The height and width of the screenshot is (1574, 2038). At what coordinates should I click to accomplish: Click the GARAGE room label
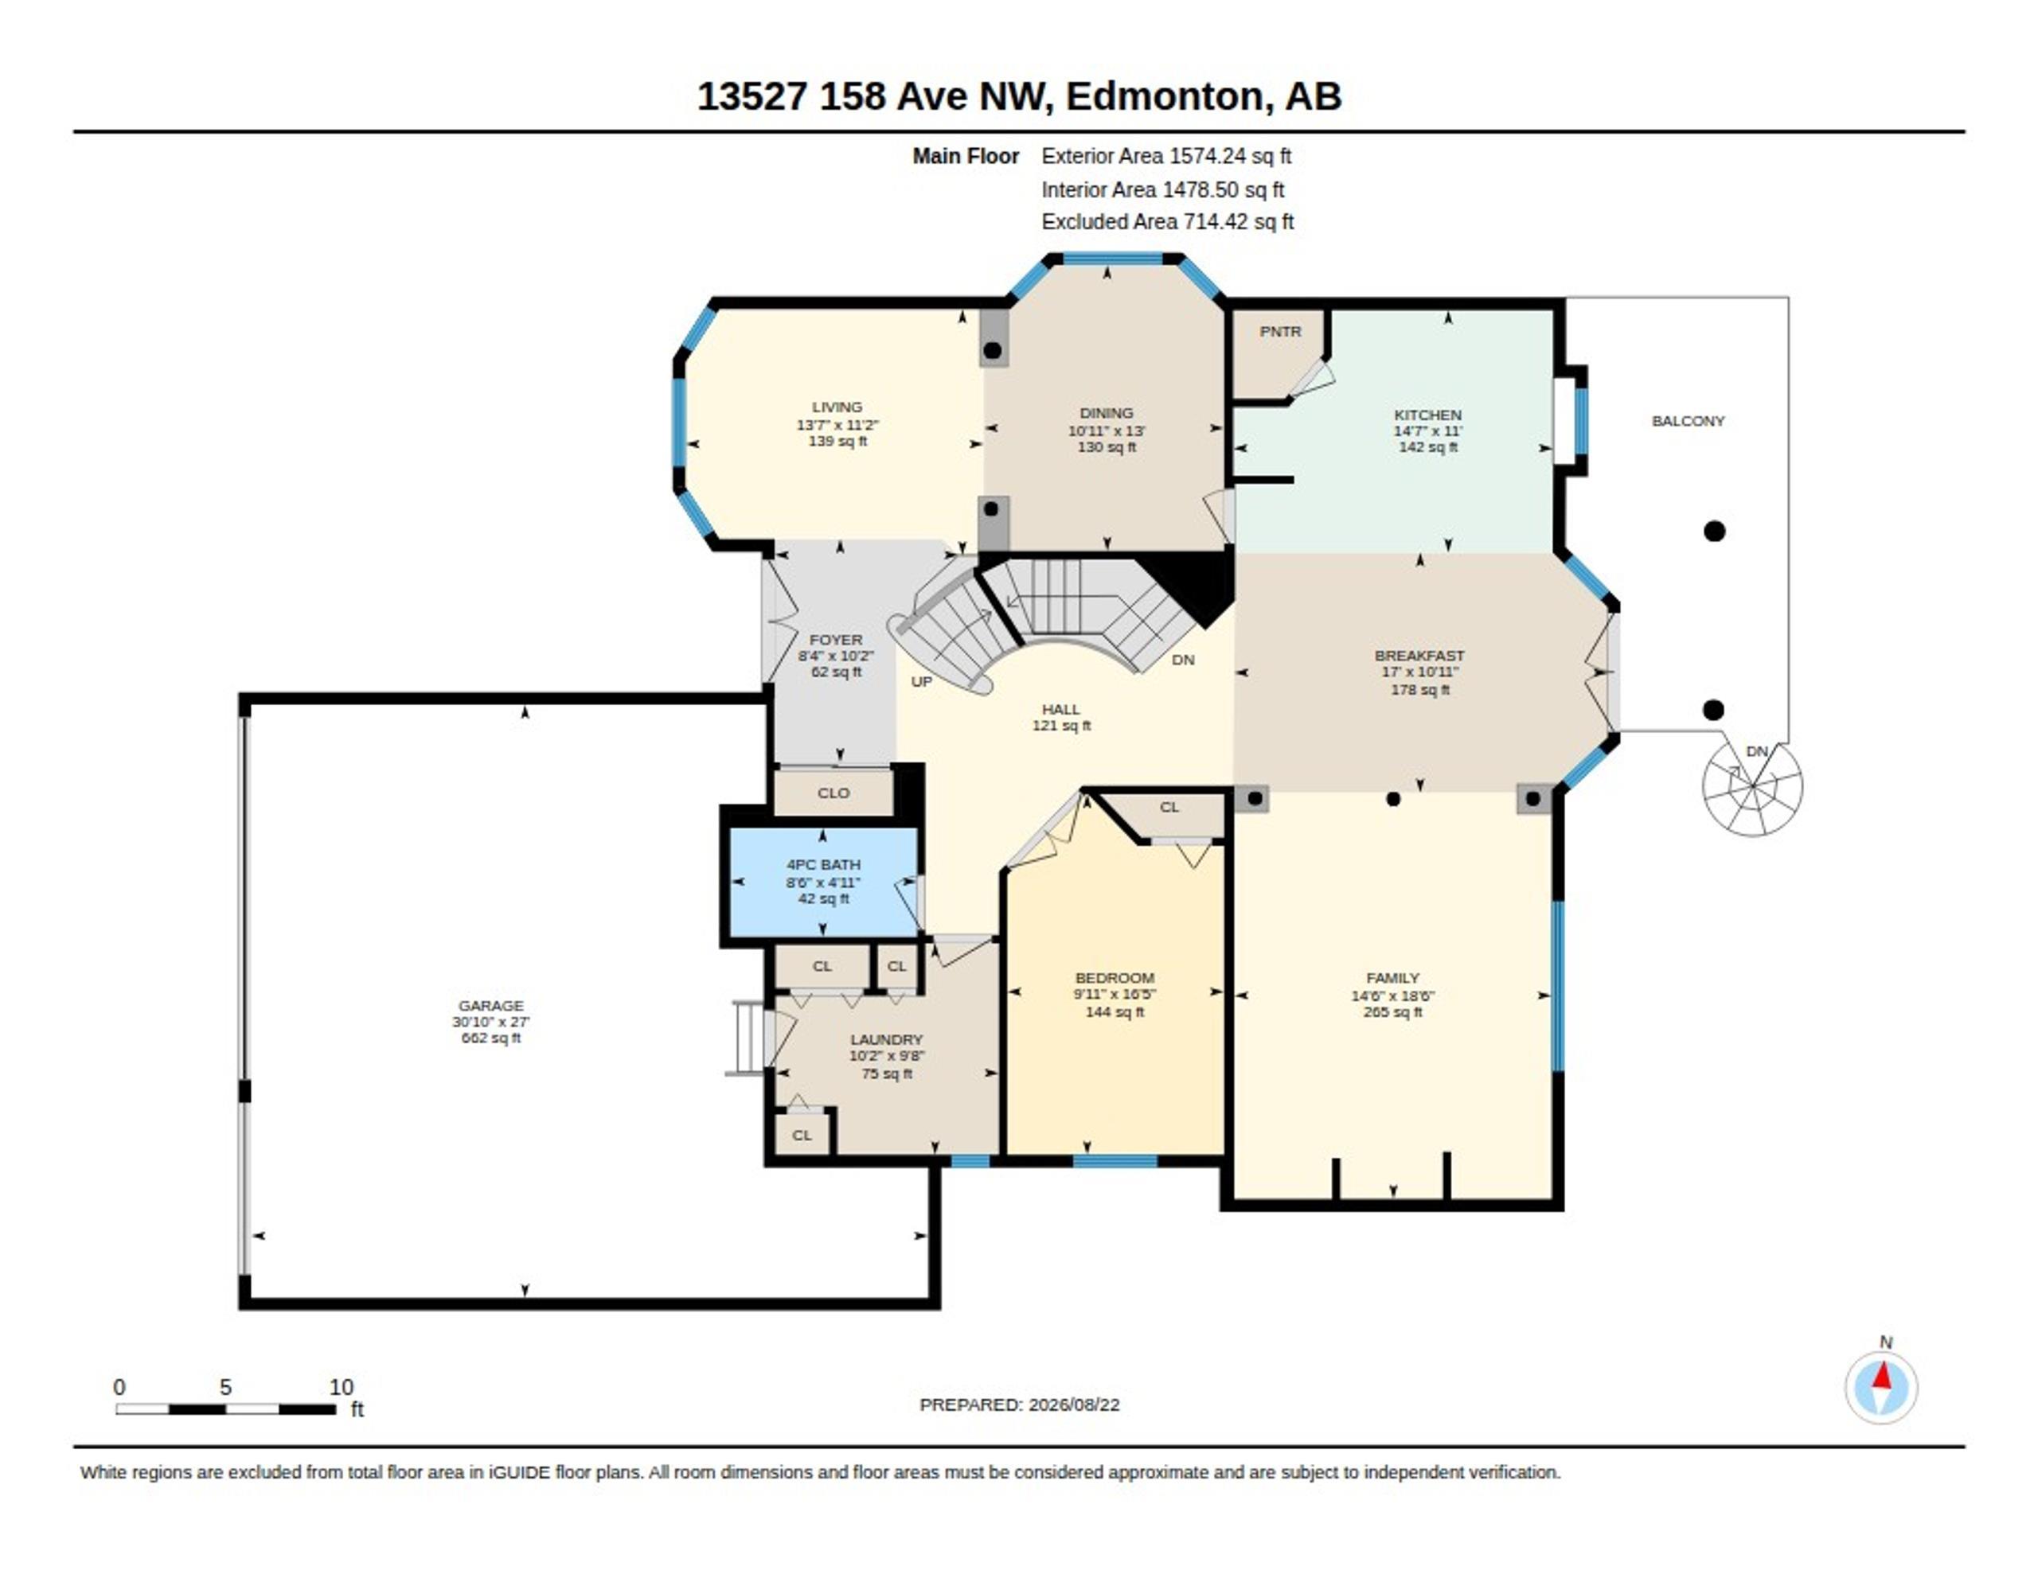click(x=491, y=1005)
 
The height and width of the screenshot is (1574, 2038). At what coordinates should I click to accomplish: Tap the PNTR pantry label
click(x=1280, y=331)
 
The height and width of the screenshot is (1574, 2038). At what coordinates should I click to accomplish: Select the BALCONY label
click(x=1688, y=421)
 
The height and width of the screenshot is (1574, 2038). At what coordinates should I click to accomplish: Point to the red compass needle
click(x=1883, y=1375)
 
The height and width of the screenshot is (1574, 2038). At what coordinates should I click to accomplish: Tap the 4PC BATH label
click(x=823, y=865)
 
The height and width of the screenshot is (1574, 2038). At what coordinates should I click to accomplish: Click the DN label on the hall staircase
click(x=1183, y=660)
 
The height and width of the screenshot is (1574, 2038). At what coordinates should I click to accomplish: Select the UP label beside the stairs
click(x=921, y=682)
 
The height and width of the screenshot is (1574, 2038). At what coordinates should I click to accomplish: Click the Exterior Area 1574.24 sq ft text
click(x=1166, y=156)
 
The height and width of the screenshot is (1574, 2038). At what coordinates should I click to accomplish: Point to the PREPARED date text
click(x=1019, y=1405)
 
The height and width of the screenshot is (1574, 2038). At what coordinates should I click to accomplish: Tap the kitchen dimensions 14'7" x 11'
click(x=1427, y=431)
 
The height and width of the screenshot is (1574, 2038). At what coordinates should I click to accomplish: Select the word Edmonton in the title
click(x=1165, y=96)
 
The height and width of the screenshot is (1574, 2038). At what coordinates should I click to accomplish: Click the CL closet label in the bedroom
click(x=1169, y=807)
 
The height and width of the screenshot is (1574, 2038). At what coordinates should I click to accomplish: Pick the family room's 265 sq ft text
click(x=1392, y=1011)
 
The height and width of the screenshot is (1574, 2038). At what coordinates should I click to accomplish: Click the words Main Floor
click(x=966, y=156)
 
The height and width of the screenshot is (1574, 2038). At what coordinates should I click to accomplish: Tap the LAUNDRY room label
click(x=887, y=1039)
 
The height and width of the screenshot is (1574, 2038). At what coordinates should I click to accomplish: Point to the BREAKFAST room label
click(x=1419, y=655)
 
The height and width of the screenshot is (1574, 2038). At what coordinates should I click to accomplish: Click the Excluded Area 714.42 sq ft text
click(x=1167, y=222)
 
